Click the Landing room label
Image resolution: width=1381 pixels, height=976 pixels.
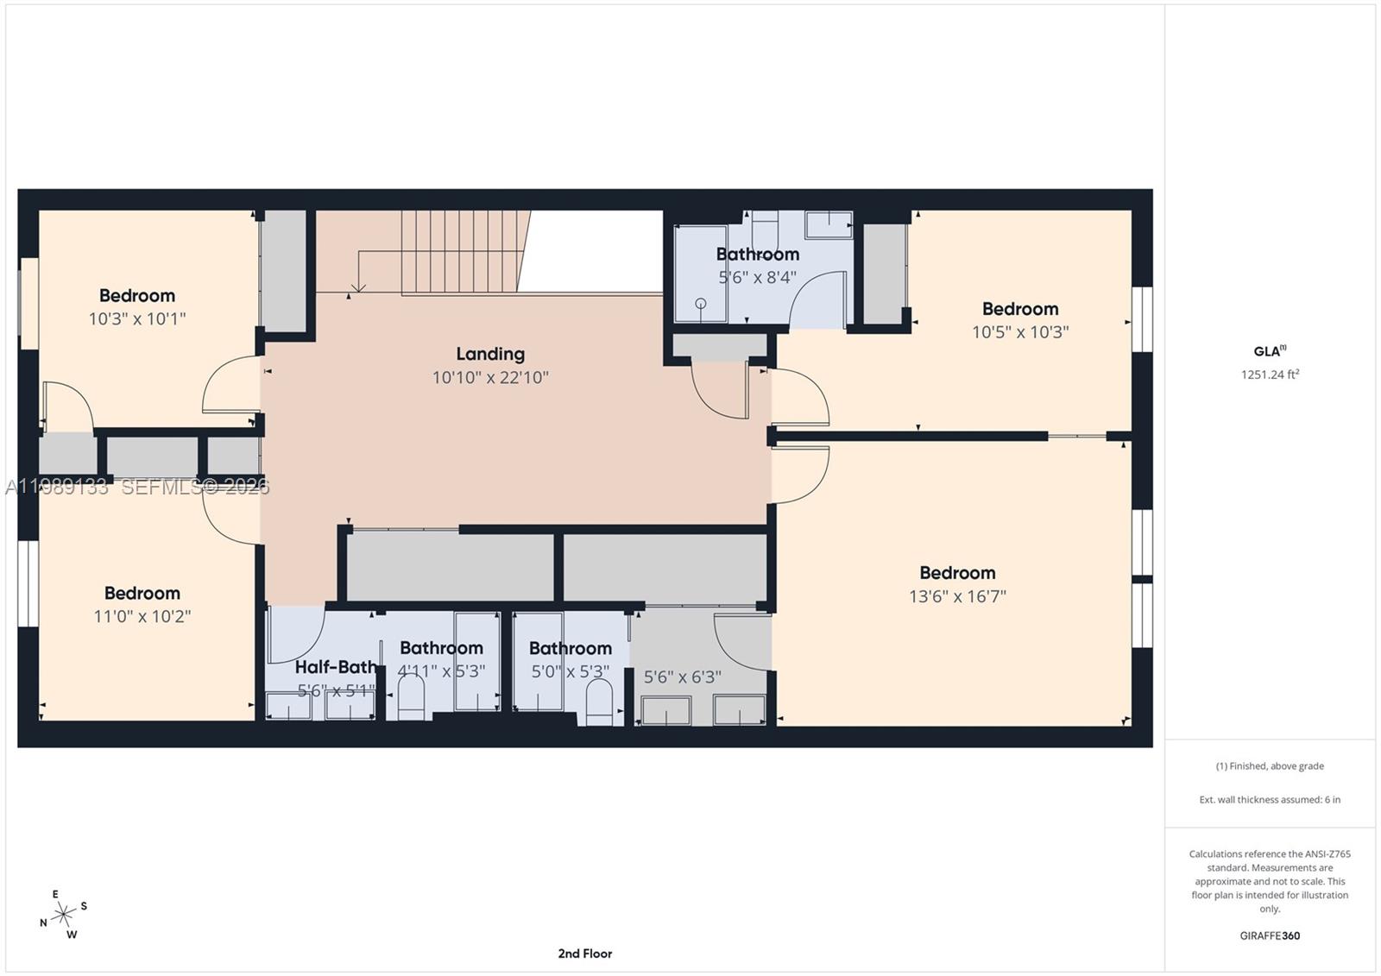point(490,354)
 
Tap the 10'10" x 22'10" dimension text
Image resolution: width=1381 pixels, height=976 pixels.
point(490,377)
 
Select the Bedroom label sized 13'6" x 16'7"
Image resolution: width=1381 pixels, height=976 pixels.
point(957,573)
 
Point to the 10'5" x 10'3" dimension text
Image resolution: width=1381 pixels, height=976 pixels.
point(1020,332)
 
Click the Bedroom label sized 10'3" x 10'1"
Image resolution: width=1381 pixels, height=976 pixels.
point(137,296)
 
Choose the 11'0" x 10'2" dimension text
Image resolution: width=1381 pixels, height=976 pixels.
point(142,616)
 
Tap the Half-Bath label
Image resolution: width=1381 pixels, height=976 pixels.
point(335,667)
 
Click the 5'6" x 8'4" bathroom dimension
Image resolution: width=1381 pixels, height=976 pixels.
point(757,278)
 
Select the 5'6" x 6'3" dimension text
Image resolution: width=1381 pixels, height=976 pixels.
point(683,677)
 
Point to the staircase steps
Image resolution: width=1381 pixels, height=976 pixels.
point(462,252)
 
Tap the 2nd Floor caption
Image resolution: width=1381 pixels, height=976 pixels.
point(584,954)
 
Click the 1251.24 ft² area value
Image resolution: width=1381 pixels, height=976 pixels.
point(1270,375)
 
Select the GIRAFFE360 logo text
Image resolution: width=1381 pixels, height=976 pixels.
point(1270,935)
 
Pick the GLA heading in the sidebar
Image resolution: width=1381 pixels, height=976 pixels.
point(1269,351)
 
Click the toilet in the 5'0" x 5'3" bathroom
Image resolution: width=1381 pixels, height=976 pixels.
point(598,700)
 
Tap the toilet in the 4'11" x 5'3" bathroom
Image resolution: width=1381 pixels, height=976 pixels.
point(412,696)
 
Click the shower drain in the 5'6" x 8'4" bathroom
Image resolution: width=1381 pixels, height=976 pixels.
point(700,303)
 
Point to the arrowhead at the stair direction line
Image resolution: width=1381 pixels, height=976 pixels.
point(358,288)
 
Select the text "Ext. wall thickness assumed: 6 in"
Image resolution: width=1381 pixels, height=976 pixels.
point(1270,800)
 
